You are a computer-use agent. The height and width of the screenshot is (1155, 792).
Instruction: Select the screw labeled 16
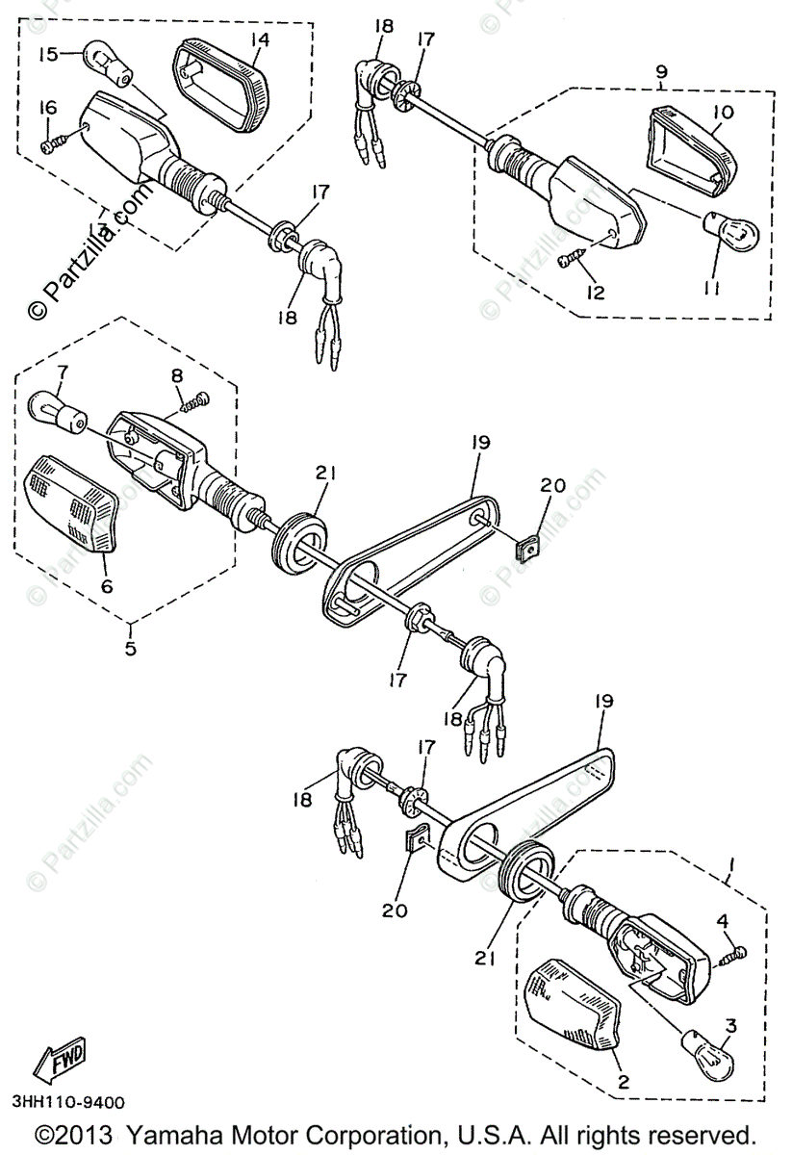(53, 142)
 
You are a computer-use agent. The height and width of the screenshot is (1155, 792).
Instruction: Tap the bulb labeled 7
(57, 410)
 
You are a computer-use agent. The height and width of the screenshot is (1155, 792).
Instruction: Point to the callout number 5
(130, 648)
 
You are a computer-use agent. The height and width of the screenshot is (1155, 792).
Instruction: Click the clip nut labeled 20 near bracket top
(525, 550)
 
